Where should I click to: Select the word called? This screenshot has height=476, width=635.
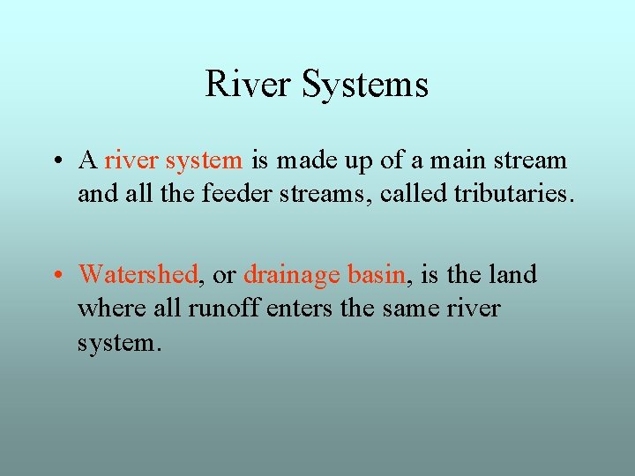[x=413, y=194]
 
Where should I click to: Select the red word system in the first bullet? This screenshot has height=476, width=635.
[x=204, y=161]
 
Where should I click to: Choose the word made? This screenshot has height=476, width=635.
[x=304, y=160]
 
